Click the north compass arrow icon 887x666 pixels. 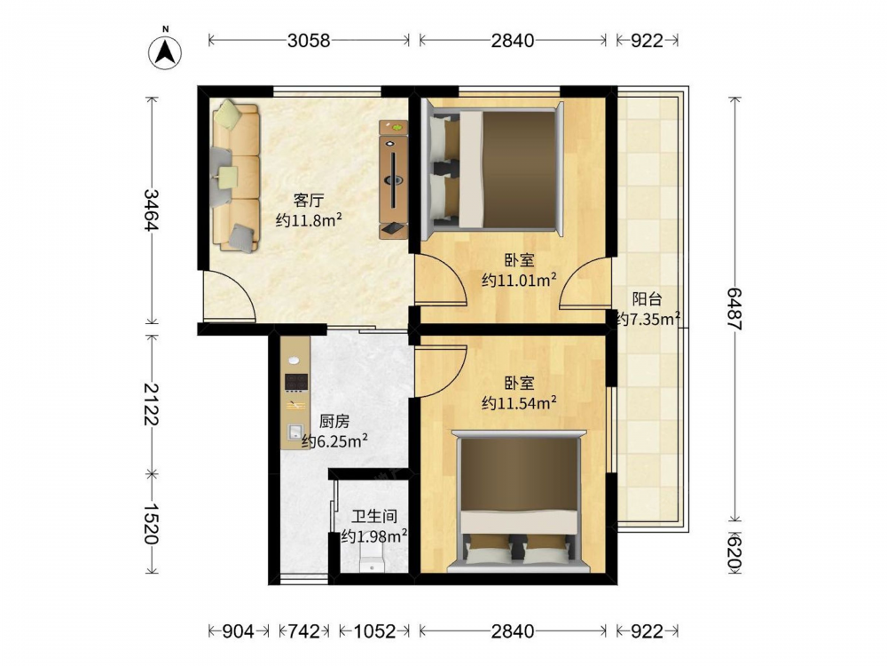[x=165, y=52]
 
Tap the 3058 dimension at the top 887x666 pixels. [x=309, y=40]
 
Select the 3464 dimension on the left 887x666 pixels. [x=151, y=210]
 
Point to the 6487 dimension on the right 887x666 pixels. [x=734, y=309]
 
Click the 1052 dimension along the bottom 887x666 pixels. [x=374, y=630]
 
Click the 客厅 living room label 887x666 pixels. [x=309, y=201]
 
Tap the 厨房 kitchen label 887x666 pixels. [x=334, y=421]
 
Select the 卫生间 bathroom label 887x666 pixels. [x=374, y=517]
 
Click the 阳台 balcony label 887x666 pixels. [x=647, y=299]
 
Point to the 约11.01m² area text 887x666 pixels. [x=519, y=279]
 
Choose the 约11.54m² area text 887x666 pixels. [x=519, y=402]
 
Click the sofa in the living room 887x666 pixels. [x=235, y=176]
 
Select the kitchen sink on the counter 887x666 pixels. [x=294, y=432]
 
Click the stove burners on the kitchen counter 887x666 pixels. [x=296, y=382]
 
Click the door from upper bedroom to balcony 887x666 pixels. [x=585, y=283]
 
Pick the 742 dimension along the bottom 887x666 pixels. [x=304, y=630]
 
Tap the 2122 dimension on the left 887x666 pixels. [x=151, y=404]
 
